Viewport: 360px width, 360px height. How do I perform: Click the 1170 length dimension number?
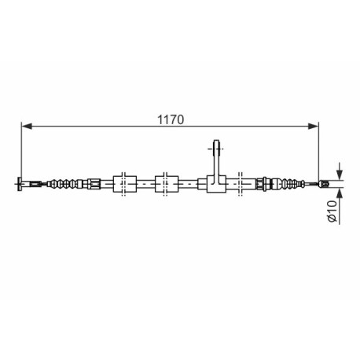tap(171, 120)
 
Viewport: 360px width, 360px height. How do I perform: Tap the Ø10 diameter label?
tap(332, 211)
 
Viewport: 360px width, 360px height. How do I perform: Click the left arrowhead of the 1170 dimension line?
tap(27, 127)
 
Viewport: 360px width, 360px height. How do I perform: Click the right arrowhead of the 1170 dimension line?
tap(313, 127)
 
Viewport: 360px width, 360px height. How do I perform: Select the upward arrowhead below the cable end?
tap(340, 193)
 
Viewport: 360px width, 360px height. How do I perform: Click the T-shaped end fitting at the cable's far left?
tap(20, 184)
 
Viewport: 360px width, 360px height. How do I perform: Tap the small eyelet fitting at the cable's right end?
tap(323, 184)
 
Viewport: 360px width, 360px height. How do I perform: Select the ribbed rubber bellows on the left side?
tap(66, 184)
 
